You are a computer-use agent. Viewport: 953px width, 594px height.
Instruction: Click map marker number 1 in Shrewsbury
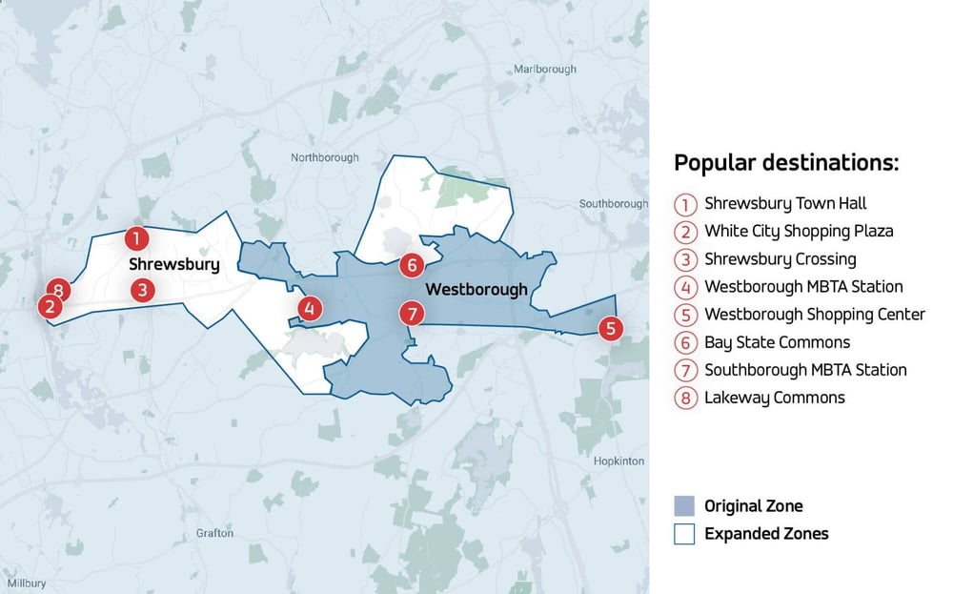136,237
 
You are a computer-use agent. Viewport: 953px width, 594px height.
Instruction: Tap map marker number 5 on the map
611,328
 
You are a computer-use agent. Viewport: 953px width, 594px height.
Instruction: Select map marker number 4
309,308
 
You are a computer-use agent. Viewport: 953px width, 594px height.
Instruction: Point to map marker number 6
410,265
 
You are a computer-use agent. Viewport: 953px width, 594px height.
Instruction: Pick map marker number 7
411,313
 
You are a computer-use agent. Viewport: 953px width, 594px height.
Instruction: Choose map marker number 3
142,290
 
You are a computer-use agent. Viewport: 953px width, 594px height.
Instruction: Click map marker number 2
49,307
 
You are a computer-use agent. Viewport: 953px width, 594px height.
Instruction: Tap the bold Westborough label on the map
476,290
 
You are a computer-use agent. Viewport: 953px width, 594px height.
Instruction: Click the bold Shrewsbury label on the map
173,264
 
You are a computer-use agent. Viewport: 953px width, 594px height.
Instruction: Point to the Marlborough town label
545,70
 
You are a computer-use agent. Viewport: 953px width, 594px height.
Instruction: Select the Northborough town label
325,157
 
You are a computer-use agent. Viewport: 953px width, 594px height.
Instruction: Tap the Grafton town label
214,533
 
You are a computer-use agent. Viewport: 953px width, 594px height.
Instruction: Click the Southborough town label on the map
614,204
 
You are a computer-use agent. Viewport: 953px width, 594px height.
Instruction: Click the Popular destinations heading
786,162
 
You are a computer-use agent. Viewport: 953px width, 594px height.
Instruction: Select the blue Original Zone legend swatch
684,506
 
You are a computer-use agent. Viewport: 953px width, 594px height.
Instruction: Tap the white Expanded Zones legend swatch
684,534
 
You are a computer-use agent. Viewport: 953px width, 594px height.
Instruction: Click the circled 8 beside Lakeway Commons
685,398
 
